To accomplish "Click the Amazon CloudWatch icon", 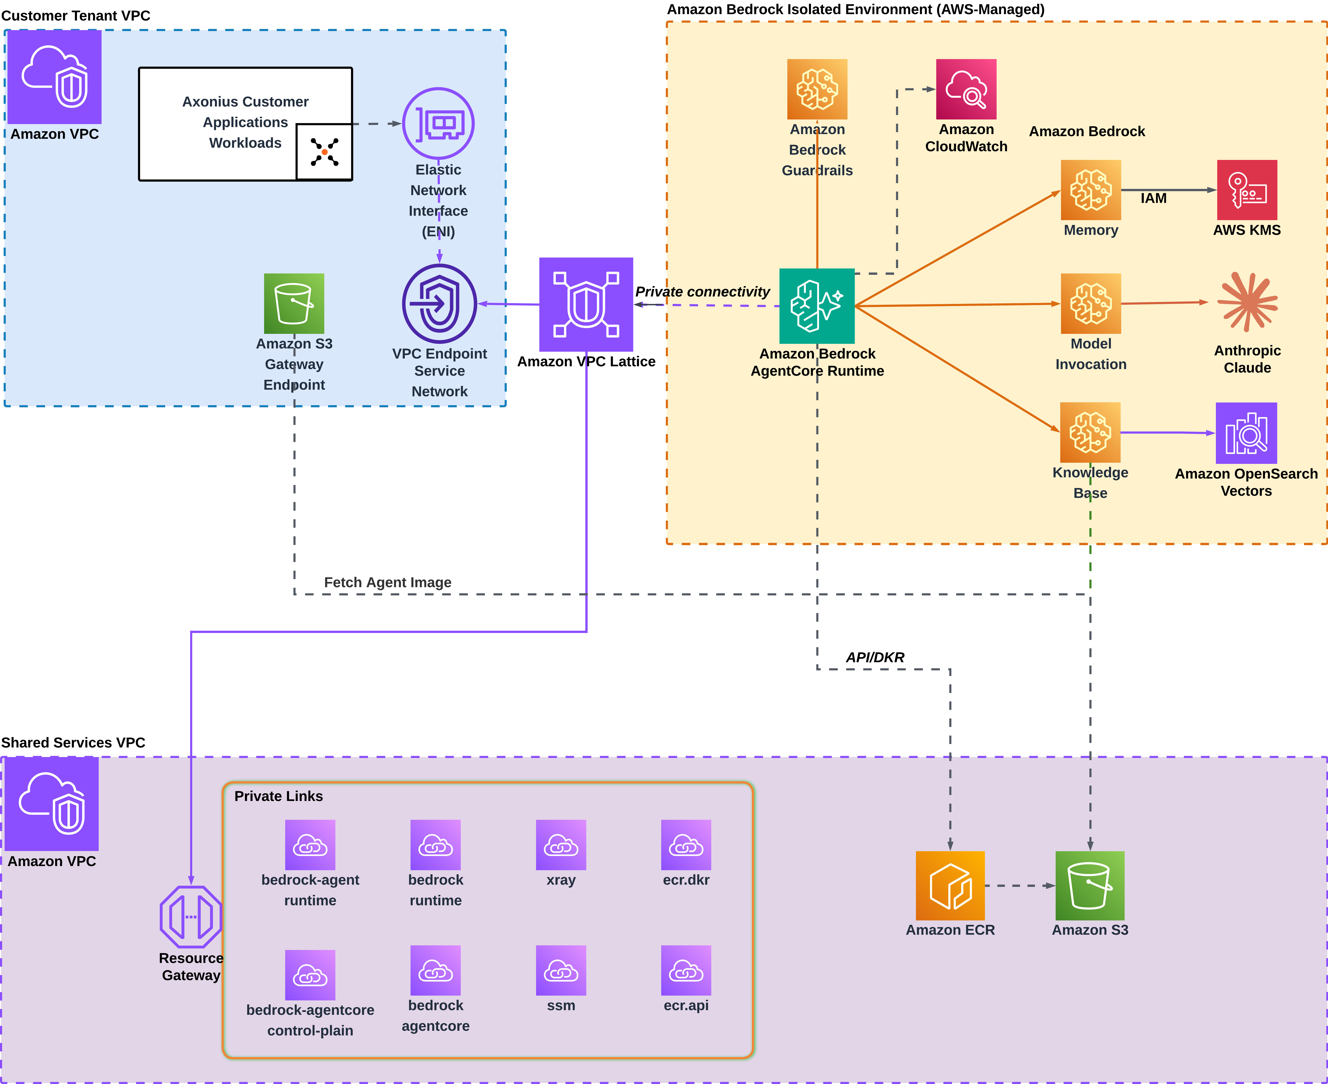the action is (x=966, y=89).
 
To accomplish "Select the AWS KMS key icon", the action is (x=1247, y=190).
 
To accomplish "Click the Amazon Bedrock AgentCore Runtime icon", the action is (x=817, y=306).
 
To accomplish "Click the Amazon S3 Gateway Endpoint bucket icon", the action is (x=294, y=304).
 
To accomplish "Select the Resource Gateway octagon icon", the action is (x=191, y=917).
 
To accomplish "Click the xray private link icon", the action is (x=561, y=845).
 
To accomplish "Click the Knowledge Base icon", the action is (x=1090, y=432).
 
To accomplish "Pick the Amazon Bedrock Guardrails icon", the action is (x=817, y=89).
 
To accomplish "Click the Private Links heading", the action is (x=278, y=796).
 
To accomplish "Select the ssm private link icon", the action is (x=561, y=970).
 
